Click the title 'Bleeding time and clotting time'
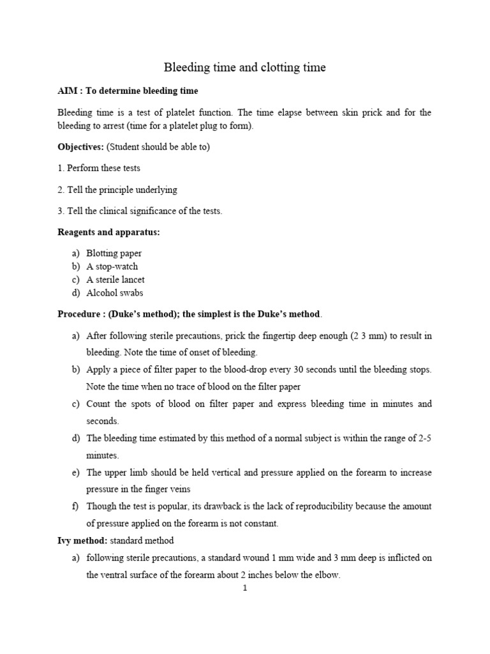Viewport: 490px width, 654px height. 245,68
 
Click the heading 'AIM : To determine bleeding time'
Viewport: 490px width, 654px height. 128,91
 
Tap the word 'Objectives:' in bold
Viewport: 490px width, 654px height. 80,147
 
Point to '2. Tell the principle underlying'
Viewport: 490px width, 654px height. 117,190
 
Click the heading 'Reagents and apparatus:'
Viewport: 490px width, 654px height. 108,232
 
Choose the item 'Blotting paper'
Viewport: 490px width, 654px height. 114,254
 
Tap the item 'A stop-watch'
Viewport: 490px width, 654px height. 112,266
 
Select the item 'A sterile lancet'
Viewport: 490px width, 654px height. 115,280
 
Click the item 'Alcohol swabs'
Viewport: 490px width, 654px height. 115,293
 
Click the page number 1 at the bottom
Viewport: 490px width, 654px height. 244,589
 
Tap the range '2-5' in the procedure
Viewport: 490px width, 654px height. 425,438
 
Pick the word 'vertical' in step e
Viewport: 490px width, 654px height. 215,473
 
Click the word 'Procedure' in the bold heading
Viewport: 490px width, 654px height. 78,314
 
